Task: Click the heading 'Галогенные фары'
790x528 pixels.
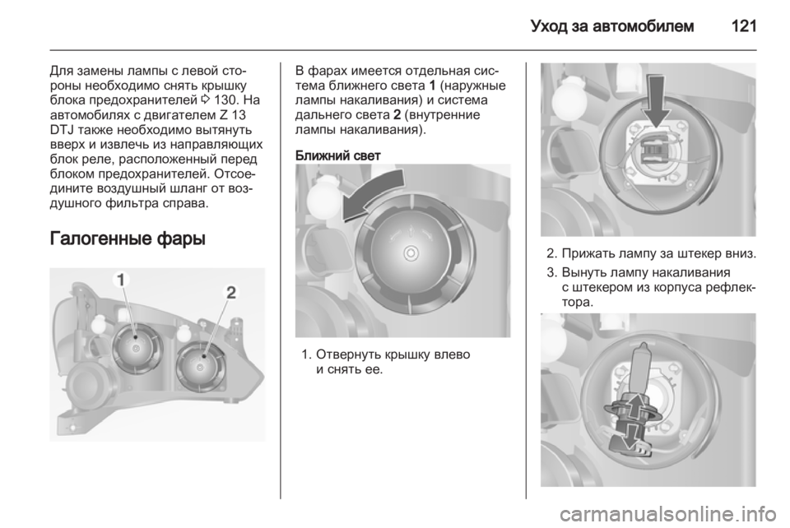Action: [x=128, y=238]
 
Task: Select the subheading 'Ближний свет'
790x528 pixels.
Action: [x=337, y=155]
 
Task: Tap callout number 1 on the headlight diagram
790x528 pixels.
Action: [x=121, y=280]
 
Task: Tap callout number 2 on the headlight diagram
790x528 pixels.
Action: [x=230, y=293]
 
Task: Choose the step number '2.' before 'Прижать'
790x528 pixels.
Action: [x=552, y=252]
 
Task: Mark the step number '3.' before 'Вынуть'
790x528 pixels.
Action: [x=552, y=273]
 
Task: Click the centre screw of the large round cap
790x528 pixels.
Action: [x=411, y=252]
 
